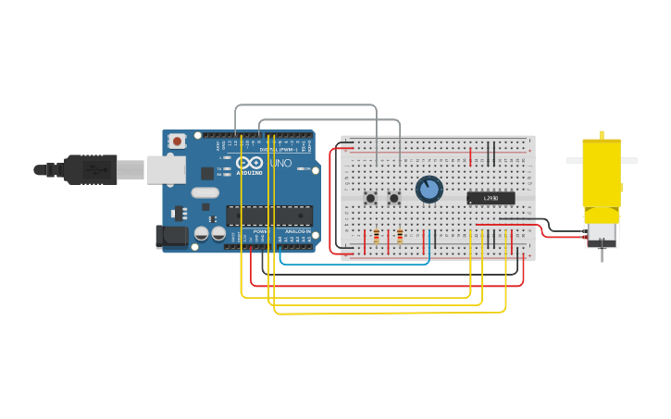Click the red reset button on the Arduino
pyautogui.click(x=177, y=142)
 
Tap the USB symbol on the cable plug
pyautogui.click(x=93, y=170)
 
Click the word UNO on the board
pyautogui.click(x=280, y=164)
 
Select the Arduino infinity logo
pyautogui.click(x=249, y=164)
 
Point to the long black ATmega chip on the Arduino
pyautogui.click(x=269, y=216)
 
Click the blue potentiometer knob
pyautogui.click(x=429, y=190)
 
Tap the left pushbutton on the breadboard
pyautogui.click(x=370, y=198)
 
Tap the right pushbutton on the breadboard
pyautogui.click(x=393, y=198)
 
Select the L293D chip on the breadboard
pyautogui.click(x=491, y=198)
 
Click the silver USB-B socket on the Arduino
pyautogui.click(x=166, y=169)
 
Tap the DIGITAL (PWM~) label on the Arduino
pyautogui.click(x=274, y=150)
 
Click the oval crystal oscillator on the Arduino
pyautogui.click(x=205, y=192)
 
